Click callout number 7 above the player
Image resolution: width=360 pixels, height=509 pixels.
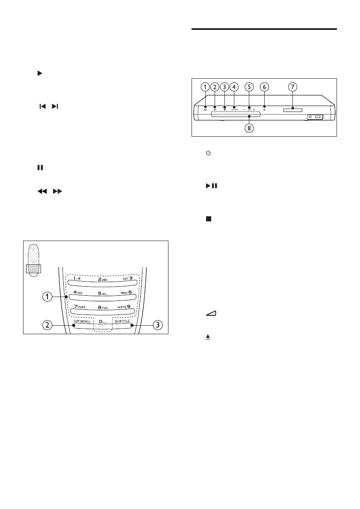tap(292, 87)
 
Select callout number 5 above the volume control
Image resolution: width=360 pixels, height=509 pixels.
tap(248, 87)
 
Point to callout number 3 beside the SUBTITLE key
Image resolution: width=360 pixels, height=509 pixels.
tap(158, 325)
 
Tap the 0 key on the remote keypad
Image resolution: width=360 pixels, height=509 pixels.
tap(102, 321)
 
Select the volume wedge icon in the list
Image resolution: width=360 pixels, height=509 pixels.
tap(210, 315)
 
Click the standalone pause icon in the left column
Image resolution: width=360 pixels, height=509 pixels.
tap(40, 168)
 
